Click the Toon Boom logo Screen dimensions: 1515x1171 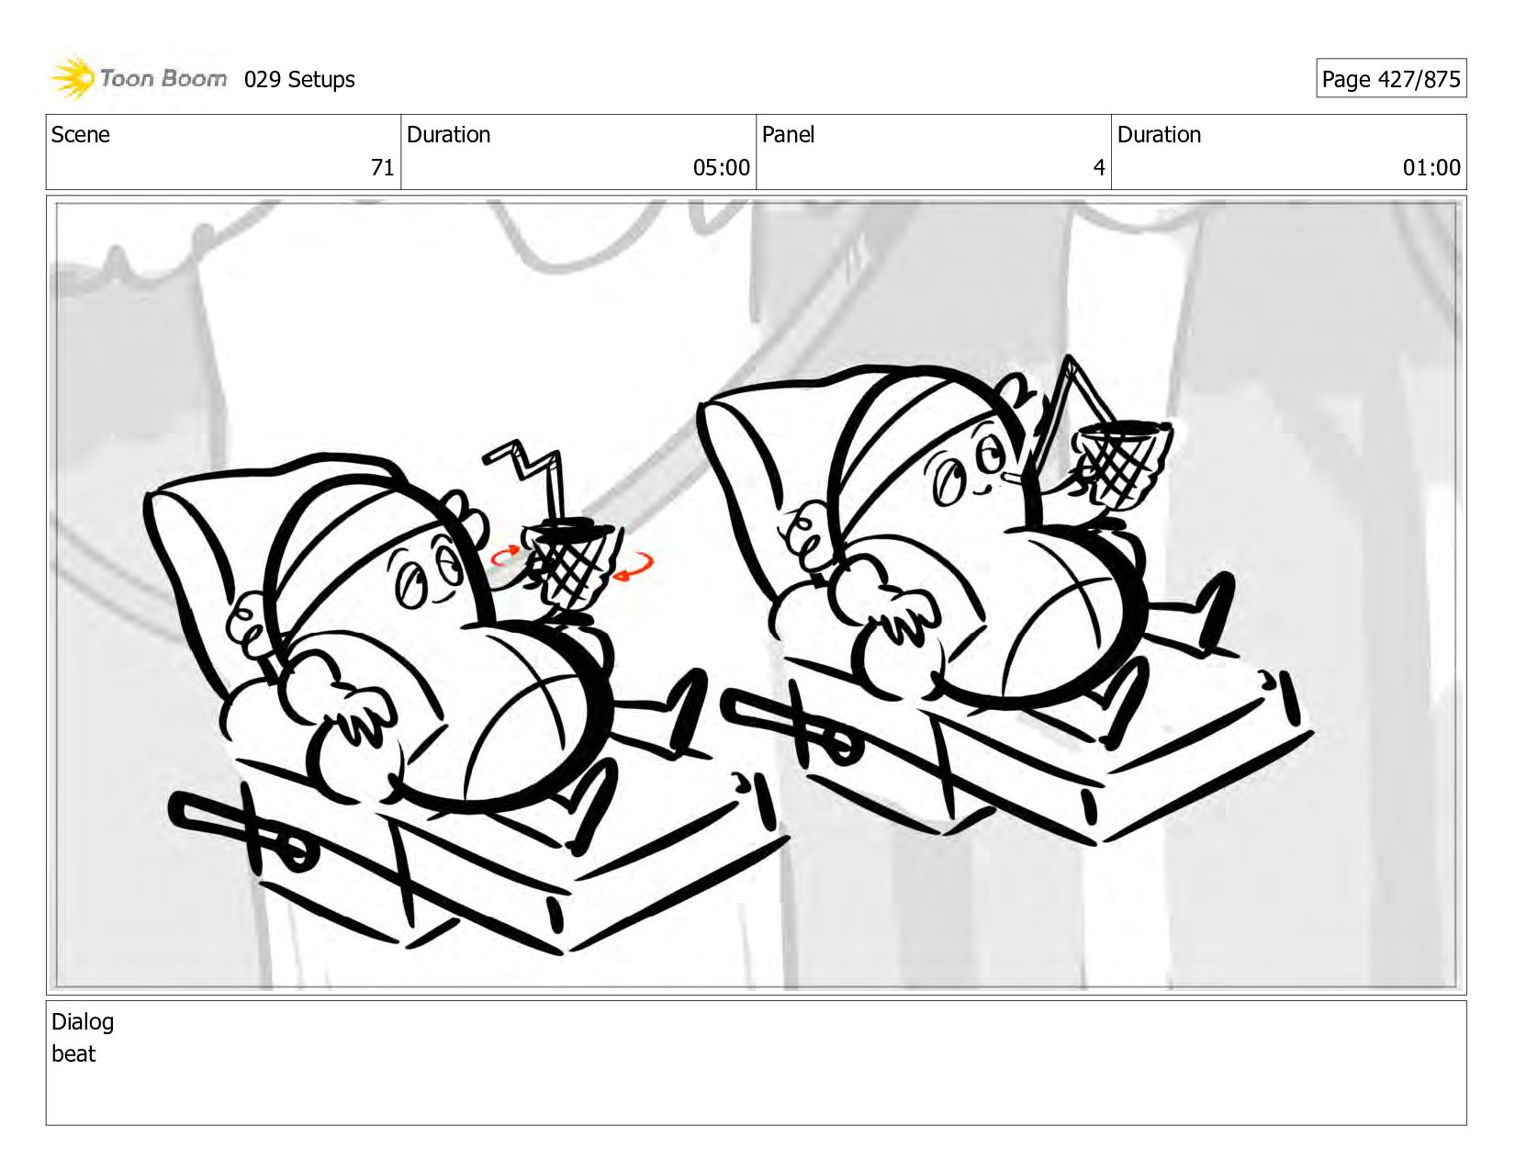pyautogui.click(x=138, y=78)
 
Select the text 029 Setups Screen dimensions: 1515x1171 pyautogui.click(x=299, y=80)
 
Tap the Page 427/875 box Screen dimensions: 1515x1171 pyautogui.click(x=1391, y=78)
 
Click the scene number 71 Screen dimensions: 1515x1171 pyautogui.click(x=382, y=167)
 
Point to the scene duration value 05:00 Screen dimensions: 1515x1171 pyautogui.click(x=721, y=167)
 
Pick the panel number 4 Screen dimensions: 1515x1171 pyautogui.click(x=1099, y=167)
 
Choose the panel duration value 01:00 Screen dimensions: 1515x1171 pyautogui.click(x=1431, y=167)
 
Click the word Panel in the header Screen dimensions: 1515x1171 pyautogui.click(x=788, y=134)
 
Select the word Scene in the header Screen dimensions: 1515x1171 pyautogui.click(x=80, y=134)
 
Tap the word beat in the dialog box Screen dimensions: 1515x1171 pyautogui.click(x=73, y=1053)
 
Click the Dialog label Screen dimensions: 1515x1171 pyautogui.click(x=83, y=1021)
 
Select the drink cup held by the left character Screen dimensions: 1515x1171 pyautogui.click(x=568, y=565)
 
